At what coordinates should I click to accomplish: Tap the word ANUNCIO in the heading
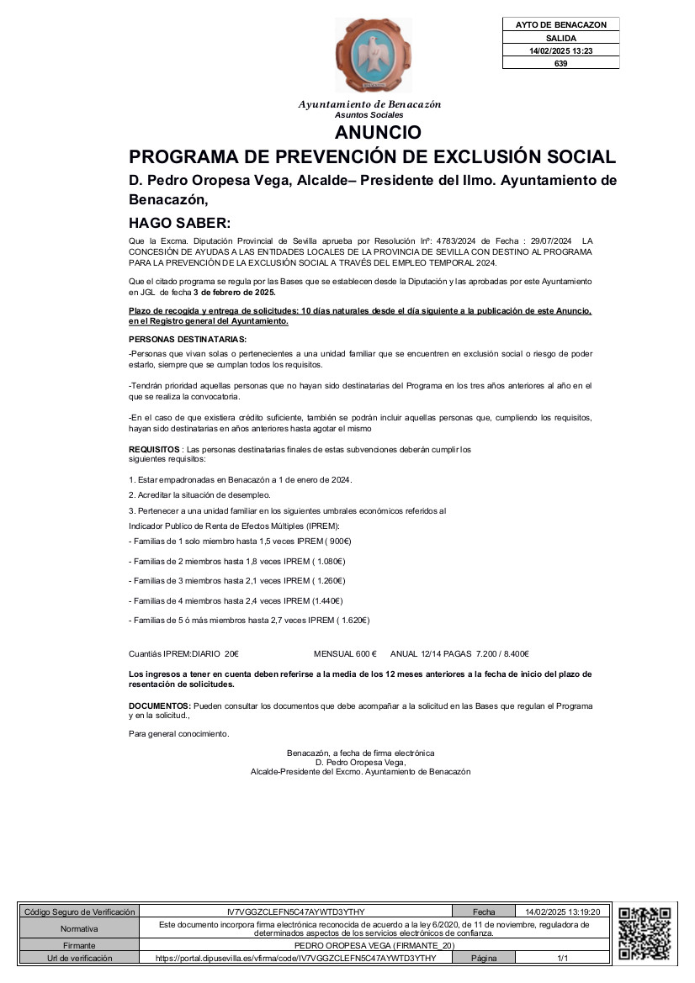(x=378, y=133)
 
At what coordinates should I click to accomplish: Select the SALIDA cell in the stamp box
(x=561, y=38)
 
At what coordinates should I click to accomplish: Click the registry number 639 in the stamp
(x=561, y=63)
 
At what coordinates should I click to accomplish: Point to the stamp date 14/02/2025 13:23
(x=561, y=50)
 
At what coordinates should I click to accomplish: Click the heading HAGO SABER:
(x=178, y=223)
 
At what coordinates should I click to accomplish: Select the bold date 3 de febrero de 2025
(x=235, y=293)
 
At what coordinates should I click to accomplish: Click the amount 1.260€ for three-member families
(x=329, y=581)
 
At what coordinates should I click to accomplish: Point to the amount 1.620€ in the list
(x=353, y=621)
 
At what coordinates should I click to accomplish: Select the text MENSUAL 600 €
(x=345, y=654)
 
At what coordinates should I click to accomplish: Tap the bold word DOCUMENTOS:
(x=160, y=706)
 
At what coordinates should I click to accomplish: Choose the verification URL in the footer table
(x=295, y=958)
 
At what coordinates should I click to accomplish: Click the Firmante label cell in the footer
(x=79, y=946)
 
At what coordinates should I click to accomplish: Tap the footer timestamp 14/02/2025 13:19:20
(x=563, y=912)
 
